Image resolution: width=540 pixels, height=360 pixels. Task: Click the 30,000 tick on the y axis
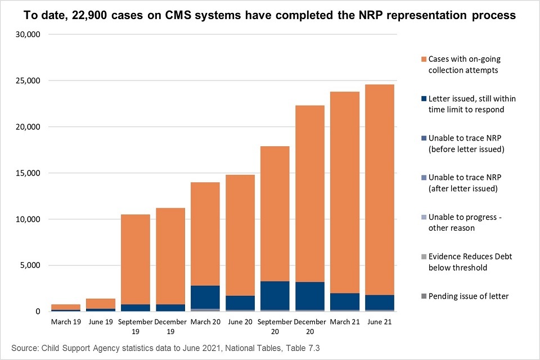tap(28, 34)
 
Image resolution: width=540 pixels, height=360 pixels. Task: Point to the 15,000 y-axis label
tap(28, 173)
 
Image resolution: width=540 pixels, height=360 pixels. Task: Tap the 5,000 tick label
tap(30, 265)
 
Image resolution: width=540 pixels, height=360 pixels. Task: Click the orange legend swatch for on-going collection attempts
tap(424, 58)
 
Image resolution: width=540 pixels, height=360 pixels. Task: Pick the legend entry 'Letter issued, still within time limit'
tap(471, 103)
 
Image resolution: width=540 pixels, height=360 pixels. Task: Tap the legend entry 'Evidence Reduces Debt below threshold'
tap(470, 262)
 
